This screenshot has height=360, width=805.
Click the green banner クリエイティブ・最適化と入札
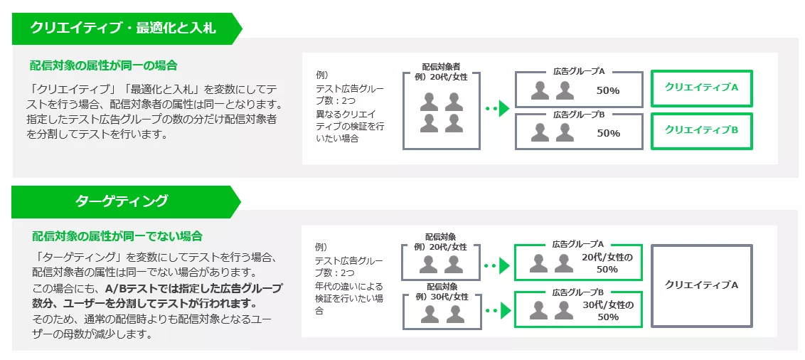123,28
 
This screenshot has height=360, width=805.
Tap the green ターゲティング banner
122,201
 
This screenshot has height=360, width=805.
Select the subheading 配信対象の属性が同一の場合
103,65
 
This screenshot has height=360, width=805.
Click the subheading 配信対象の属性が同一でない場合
117,236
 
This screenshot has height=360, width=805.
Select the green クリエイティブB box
701,129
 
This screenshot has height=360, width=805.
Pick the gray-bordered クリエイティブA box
701,285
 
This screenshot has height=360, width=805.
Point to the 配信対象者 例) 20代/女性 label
441,72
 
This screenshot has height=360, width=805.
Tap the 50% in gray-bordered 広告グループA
608,90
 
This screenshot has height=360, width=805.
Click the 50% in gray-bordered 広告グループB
608,133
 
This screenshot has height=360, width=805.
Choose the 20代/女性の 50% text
607,263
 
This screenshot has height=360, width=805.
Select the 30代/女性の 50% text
607,311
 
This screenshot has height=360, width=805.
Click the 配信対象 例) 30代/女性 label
441,292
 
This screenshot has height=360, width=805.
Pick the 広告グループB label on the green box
578,292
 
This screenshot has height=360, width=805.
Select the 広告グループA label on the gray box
578,71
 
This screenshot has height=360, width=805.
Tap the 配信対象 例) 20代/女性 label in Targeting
441,241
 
